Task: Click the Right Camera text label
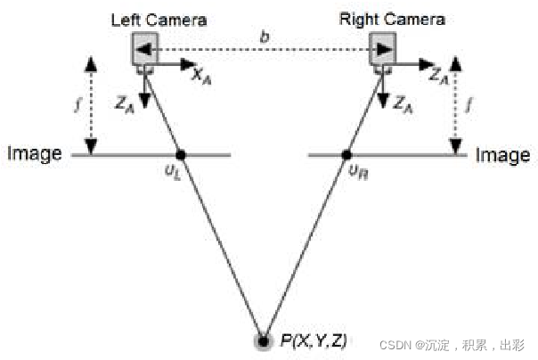click(393, 18)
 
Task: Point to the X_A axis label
click(203, 77)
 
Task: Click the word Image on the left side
click(35, 154)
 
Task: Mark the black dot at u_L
click(181, 154)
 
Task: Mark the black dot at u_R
click(347, 154)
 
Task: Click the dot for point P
click(264, 340)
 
